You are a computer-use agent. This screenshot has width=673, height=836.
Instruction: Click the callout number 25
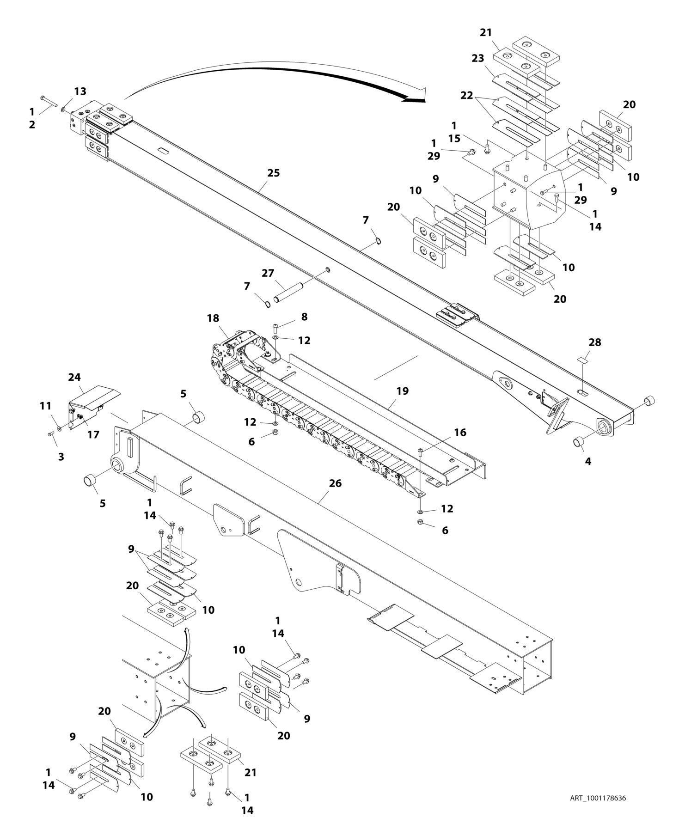274,173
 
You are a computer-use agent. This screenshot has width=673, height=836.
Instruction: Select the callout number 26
335,483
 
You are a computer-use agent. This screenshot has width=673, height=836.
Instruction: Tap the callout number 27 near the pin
268,273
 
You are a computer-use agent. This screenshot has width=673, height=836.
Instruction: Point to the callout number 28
595,342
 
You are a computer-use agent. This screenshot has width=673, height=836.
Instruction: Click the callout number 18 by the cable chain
213,318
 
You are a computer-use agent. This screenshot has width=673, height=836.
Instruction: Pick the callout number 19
403,391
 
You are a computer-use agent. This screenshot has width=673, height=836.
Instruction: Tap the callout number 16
460,433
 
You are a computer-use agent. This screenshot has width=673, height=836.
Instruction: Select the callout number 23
478,59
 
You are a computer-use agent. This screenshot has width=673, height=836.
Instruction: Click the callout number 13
80,91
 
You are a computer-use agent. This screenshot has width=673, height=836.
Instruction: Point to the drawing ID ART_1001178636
598,798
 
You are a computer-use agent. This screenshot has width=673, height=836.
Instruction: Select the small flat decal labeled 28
583,359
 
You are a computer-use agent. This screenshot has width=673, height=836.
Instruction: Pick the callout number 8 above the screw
304,317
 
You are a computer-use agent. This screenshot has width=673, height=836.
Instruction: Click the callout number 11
45,406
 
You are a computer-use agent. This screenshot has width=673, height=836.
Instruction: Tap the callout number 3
61,457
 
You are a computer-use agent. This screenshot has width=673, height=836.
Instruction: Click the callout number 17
93,434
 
